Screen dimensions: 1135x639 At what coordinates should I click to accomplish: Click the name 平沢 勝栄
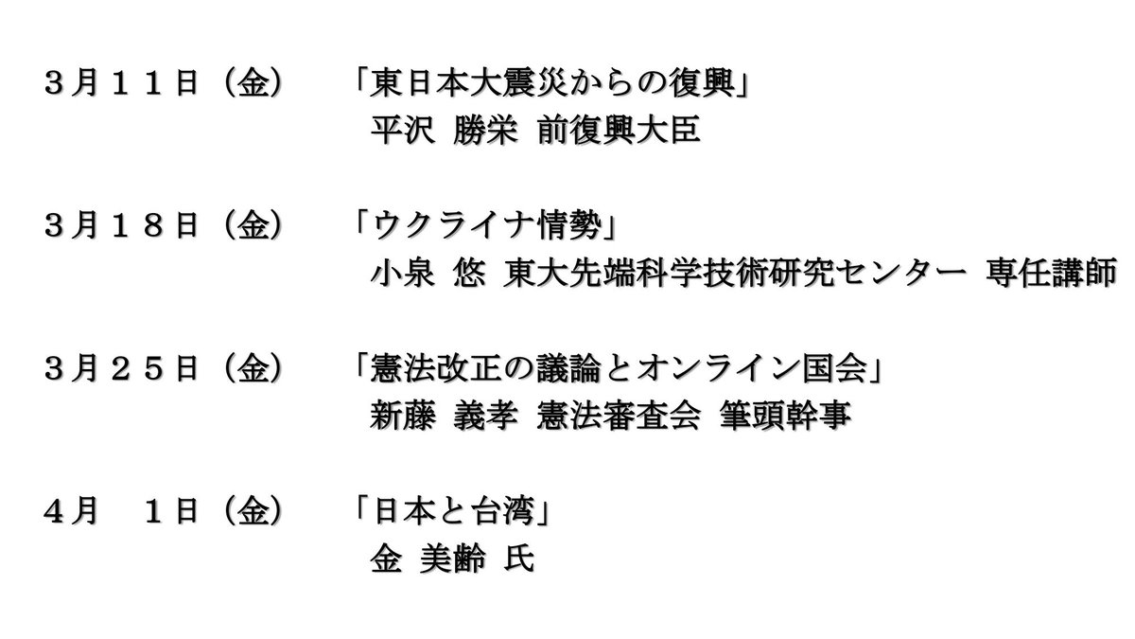click(442, 133)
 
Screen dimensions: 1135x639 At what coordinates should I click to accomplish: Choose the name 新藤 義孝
click(442, 417)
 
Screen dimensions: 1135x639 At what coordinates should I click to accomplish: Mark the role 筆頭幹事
click(794, 417)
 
